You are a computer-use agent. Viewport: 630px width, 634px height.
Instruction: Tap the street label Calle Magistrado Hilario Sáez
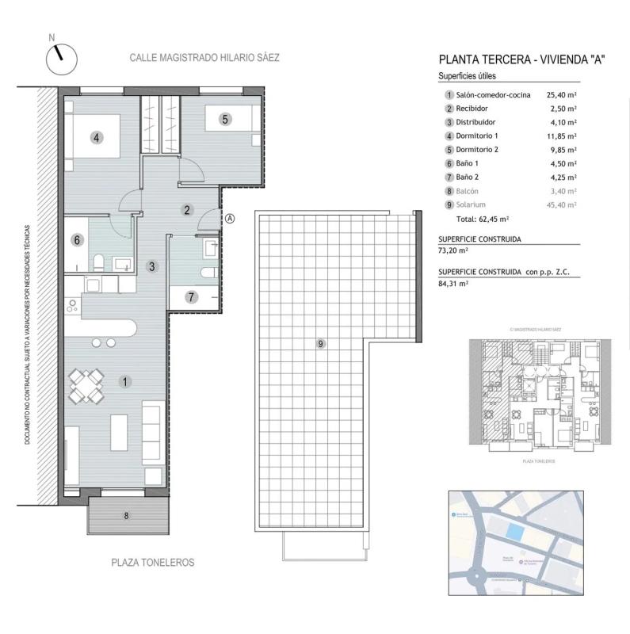[x=205, y=58]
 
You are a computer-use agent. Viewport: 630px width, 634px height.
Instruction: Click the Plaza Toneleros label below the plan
[x=151, y=563]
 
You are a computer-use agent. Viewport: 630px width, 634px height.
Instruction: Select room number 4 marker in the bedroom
[x=96, y=137]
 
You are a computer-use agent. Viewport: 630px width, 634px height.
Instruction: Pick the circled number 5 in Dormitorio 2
[x=225, y=120]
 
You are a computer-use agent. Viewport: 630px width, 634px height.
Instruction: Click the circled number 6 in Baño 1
[x=77, y=240]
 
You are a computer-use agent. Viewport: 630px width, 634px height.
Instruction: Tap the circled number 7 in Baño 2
[x=190, y=298]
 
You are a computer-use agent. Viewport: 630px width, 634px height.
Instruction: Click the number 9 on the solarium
[x=320, y=343]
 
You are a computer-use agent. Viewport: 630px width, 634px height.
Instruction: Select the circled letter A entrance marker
[x=230, y=219]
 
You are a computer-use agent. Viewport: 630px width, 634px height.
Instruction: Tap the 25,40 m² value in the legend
[x=561, y=94]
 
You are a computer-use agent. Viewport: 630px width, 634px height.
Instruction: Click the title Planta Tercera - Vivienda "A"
[x=521, y=60]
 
